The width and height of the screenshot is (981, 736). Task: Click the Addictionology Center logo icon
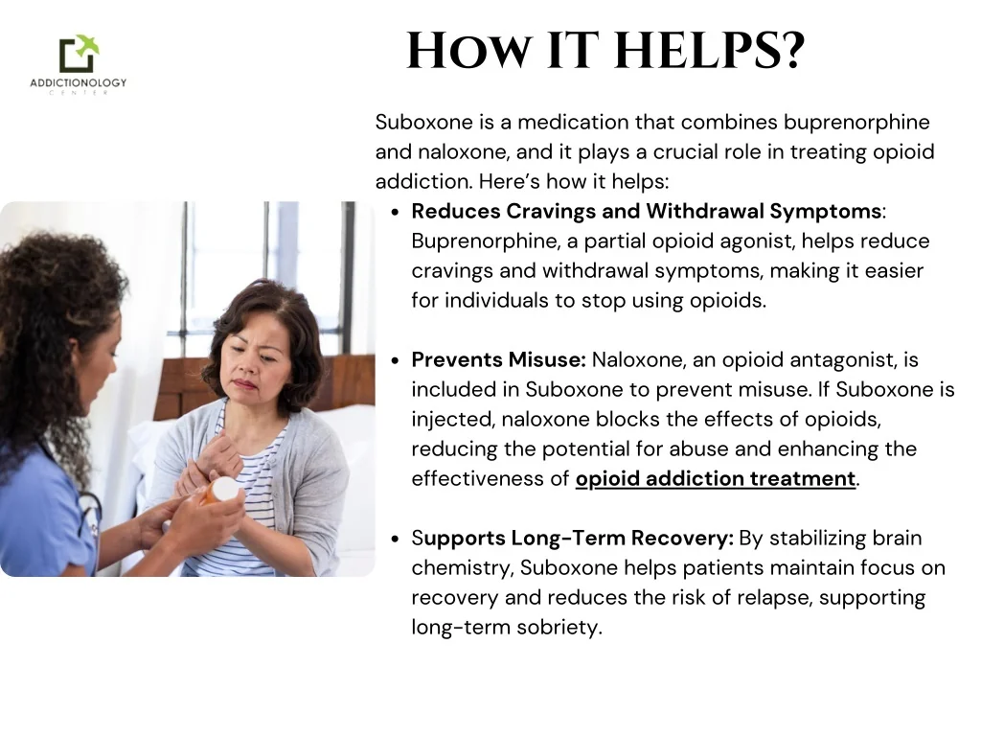tap(79, 54)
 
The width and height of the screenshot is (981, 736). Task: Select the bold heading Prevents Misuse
tap(498, 359)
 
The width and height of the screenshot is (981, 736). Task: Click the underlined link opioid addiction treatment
tap(715, 478)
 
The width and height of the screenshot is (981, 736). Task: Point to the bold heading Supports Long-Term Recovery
tap(573, 538)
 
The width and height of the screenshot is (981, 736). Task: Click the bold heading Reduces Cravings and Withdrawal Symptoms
tap(647, 211)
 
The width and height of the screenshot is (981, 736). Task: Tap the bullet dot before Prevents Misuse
tap(396, 360)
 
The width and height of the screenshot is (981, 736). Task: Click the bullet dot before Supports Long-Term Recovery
tap(396, 539)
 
